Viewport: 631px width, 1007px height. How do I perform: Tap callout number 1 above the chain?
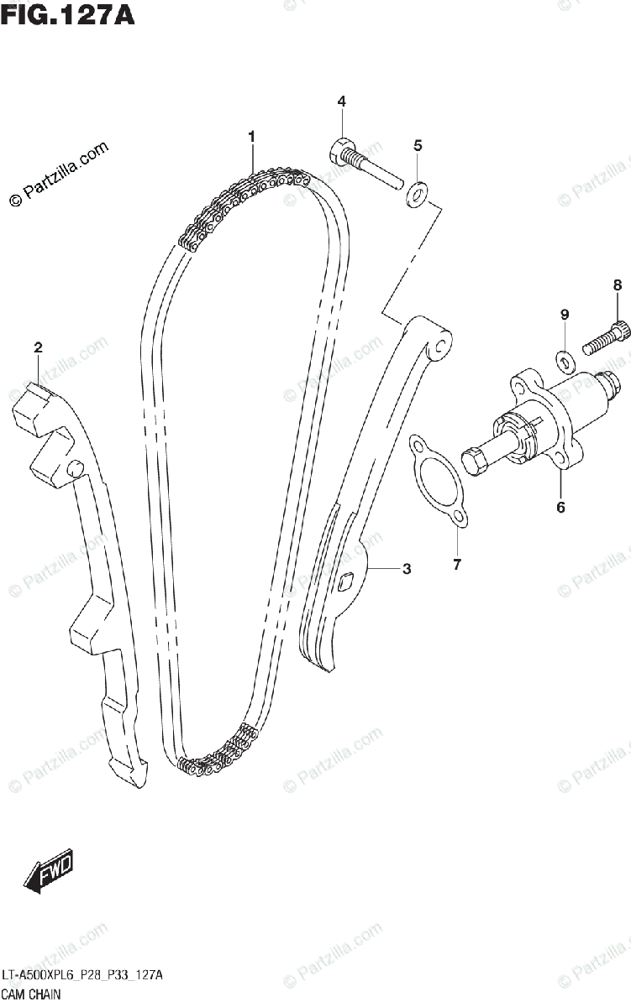[251, 136]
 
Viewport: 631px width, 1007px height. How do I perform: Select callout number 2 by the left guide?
[38, 347]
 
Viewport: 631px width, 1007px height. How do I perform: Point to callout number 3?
[407, 570]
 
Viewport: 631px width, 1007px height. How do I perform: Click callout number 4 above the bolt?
[342, 102]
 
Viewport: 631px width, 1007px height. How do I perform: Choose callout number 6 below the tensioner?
[560, 507]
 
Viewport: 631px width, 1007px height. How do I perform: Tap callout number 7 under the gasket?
[457, 565]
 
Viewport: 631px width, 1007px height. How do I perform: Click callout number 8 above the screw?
[617, 285]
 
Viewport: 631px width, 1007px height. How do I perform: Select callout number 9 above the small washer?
[565, 315]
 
